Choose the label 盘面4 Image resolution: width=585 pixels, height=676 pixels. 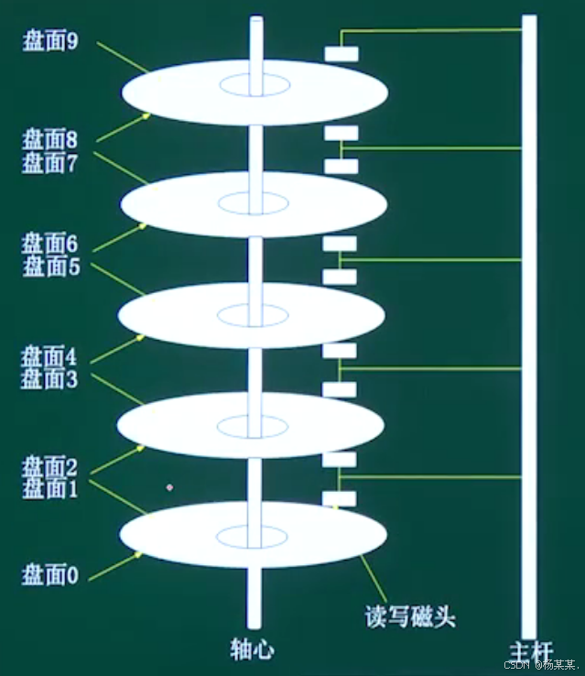coord(49,355)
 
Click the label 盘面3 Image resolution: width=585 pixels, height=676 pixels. coord(49,377)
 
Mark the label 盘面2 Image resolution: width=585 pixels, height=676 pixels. coord(49,466)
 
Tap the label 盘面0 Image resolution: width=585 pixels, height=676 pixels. coord(49,574)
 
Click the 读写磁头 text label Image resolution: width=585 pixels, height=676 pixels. coord(410,616)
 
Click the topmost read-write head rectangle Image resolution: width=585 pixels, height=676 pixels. coord(341,54)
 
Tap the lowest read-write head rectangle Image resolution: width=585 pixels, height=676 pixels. coord(340,498)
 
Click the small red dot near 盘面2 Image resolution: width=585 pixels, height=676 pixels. coord(169,487)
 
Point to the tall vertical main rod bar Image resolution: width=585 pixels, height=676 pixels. coord(529,321)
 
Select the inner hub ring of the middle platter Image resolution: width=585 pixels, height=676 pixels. coord(254,314)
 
